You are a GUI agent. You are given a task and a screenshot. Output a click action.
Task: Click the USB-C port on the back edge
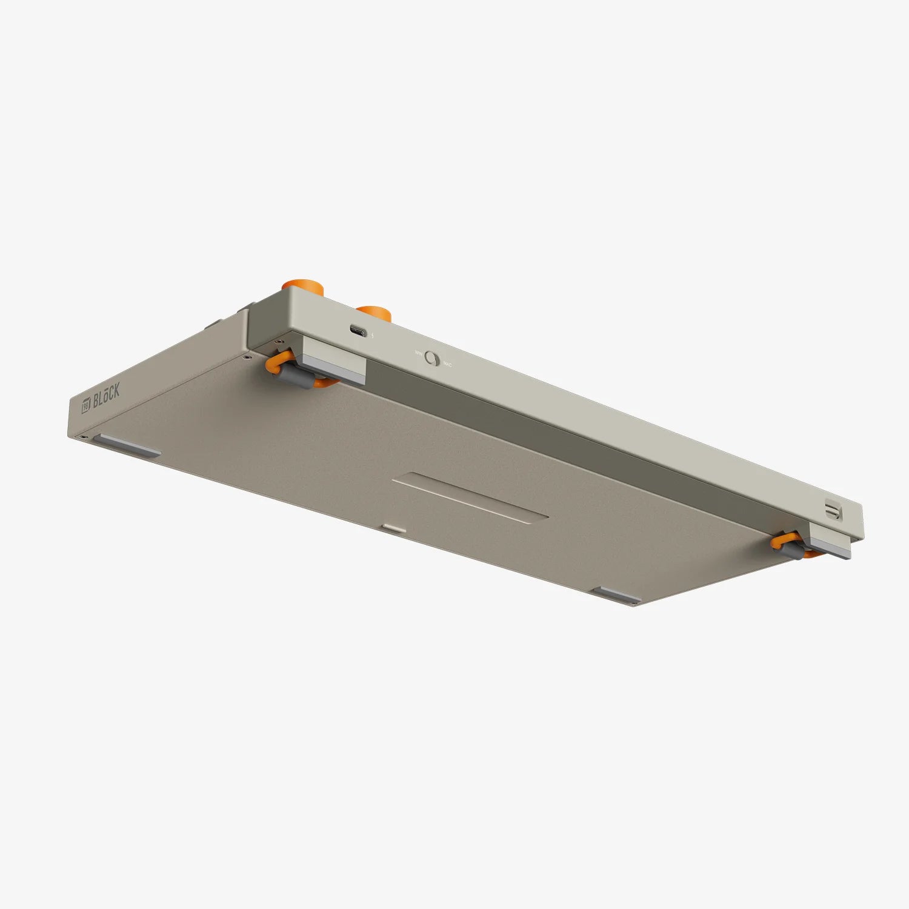[358, 331]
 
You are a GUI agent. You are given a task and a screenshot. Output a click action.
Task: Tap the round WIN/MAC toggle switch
[432, 358]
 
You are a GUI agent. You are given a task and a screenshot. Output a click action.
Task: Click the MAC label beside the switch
[448, 364]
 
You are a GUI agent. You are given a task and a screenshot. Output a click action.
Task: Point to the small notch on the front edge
[395, 528]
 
